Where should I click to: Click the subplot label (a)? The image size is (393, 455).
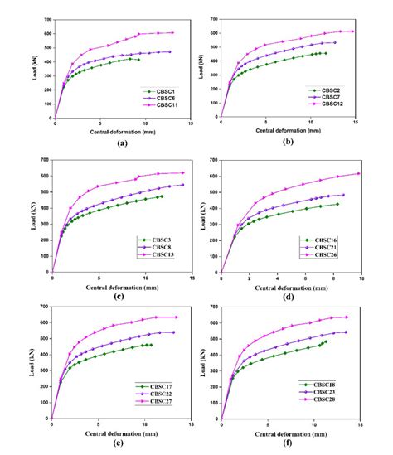point(123,143)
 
